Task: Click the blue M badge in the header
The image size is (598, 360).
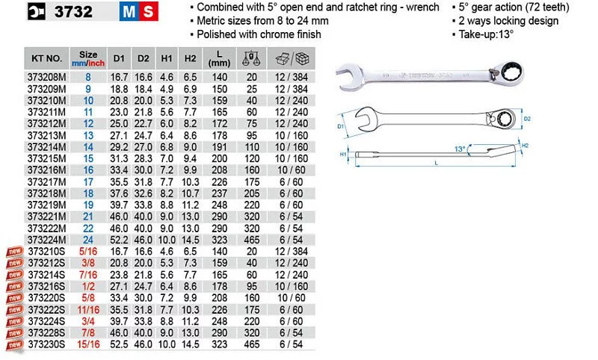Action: coord(129,11)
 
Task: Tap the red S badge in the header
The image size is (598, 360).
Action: coord(148,11)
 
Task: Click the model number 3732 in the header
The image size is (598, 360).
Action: coord(73,11)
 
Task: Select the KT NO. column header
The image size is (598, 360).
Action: coord(46,58)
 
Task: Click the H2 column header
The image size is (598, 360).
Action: coord(190,58)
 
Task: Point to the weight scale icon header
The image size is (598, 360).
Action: coord(251,59)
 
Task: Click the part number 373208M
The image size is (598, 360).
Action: coord(46,78)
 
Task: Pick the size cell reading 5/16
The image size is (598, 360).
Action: coord(88,252)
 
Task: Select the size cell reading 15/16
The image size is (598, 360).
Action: coord(88,344)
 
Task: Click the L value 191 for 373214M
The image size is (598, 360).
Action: coord(220,147)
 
